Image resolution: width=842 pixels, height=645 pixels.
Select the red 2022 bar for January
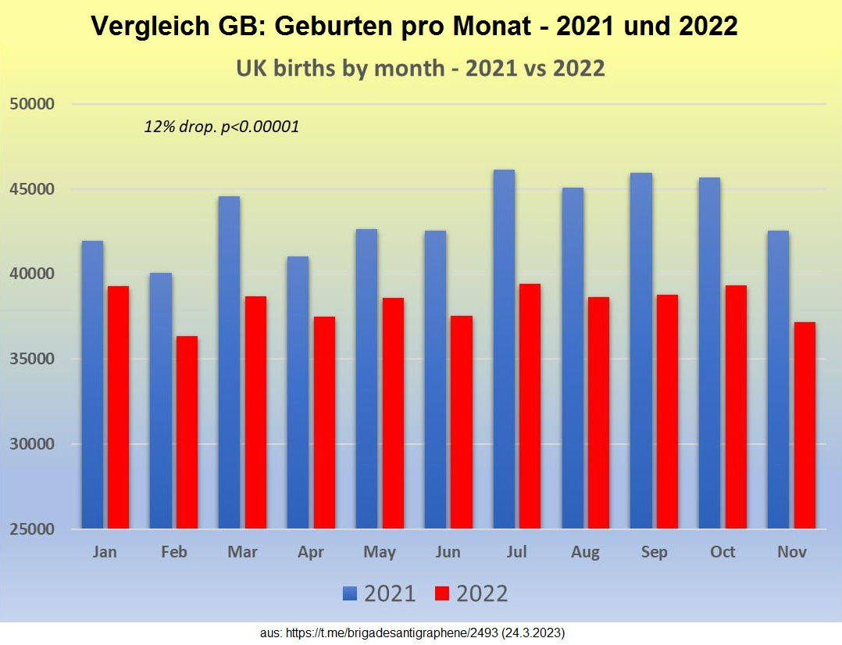point(118,407)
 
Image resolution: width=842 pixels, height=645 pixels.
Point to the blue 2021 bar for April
point(298,392)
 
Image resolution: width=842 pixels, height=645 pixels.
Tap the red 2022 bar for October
point(736,407)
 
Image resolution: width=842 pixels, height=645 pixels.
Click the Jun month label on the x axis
point(448,552)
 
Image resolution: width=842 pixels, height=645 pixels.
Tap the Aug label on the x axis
point(585,552)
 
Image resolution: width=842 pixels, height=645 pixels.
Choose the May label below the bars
point(379,552)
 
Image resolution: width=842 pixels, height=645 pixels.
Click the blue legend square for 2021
point(349,594)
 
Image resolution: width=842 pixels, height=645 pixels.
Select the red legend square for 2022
point(443,594)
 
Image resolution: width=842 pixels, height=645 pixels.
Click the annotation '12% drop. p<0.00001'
point(221,127)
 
